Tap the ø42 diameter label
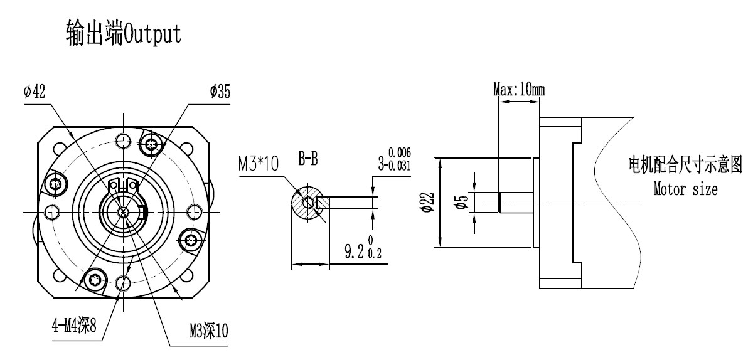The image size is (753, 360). pos(35,92)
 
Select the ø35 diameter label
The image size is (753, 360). pos(220,92)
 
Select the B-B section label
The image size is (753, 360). pos(307,161)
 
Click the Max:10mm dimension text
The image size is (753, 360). pos(519,89)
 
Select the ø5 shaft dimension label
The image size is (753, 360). pos(462,202)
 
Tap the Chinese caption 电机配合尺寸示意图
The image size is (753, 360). pos(685,167)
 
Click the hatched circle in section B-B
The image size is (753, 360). pos(308,203)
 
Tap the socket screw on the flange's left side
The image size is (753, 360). pos(57,184)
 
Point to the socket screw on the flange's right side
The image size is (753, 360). pos(190,238)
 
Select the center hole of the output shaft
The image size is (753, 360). pos(124,212)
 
